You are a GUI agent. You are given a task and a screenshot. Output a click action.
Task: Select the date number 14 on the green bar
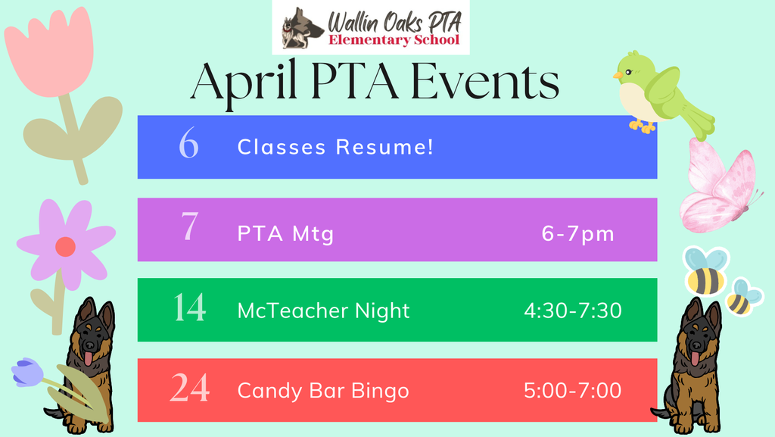[189, 310]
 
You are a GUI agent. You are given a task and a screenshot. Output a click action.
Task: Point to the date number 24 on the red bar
[189, 390]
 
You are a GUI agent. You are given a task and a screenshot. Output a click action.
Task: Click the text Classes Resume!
[336, 147]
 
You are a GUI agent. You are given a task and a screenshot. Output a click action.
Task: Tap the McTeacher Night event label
[323, 311]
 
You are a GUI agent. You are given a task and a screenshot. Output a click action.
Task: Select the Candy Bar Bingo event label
[323, 391]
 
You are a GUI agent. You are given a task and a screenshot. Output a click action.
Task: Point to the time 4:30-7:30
[573, 311]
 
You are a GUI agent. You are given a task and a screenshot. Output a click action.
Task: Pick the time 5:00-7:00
[573, 391]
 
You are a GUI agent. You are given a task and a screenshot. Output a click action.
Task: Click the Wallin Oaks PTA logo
[371, 28]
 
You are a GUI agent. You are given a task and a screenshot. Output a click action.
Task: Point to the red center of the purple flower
[65, 246]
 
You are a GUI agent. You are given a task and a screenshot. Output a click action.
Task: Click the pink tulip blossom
[50, 53]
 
